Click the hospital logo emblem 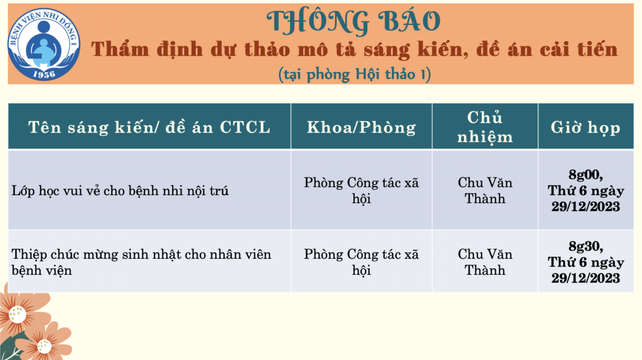pyautogui.click(x=44, y=44)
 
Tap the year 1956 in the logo pyautogui.click(x=44, y=74)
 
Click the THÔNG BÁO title pyautogui.click(x=353, y=22)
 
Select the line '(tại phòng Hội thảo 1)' pyautogui.click(x=354, y=74)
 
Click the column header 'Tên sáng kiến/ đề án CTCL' pyautogui.click(x=149, y=127)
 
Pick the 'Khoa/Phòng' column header pyautogui.click(x=361, y=127)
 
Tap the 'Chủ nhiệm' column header pyautogui.click(x=485, y=127)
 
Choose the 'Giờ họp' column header pyautogui.click(x=586, y=127)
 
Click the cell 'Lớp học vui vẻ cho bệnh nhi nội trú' pyautogui.click(x=120, y=190)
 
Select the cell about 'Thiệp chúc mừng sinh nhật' pyautogui.click(x=141, y=262)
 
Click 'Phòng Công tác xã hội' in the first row pyautogui.click(x=361, y=190)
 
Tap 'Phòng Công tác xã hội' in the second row pyautogui.click(x=361, y=262)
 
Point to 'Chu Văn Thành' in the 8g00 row pyautogui.click(x=485, y=190)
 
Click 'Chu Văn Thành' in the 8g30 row pyautogui.click(x=485, y=262)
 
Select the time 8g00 pyautogui.click(x=586, y=175)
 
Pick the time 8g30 pyautogui.click(x=586, y=246)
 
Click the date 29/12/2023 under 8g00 pyautogui.click(x=586, y=207)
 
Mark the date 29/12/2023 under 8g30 pyautogui.click(x=586, y=278)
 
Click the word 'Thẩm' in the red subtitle pyautogui.click(x=120, y=49)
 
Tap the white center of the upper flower pyautogui.click(x=17, y=315)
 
